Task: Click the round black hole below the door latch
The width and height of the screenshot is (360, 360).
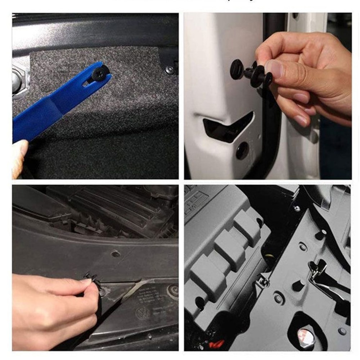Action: click(x=242, y=150)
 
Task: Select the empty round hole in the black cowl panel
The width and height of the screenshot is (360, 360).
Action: click(x=116, y=253)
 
